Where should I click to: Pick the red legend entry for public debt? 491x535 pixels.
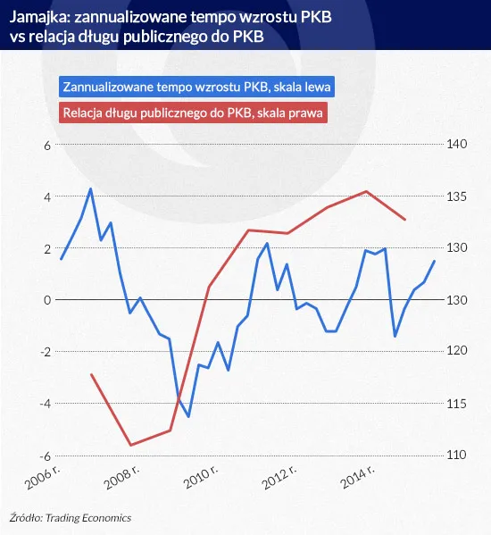pyautogui.click(x=194, y=113)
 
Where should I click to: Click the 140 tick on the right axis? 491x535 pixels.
pyautogui.click(x=457, y=145)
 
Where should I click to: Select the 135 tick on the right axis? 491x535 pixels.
pyautogui.click(x=457, y=196)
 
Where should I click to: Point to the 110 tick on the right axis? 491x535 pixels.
pyautogui.click(x=457, y=455)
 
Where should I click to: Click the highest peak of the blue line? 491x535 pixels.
pyautogui.click(x=90, y=188)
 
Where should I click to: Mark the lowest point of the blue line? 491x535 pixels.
pyautogui.click(x=188, y=416)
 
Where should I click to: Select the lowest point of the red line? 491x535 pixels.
pyautogui.click(x=130, y=445)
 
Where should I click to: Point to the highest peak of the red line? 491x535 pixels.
pyautogui.click(x=366, y=191)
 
